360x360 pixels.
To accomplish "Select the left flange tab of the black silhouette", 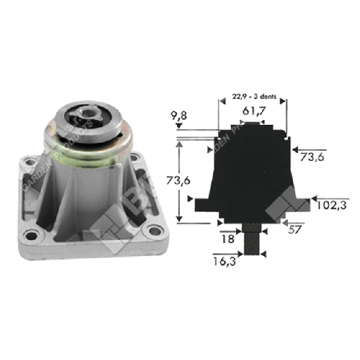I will [202, 205].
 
